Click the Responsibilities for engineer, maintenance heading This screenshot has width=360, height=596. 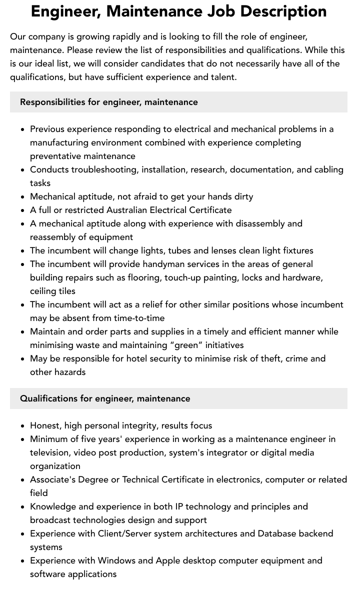(109, 102)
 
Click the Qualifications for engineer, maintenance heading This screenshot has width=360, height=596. (105, 398)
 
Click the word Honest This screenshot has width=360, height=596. (46, 425)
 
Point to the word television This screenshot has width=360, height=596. (52, 452)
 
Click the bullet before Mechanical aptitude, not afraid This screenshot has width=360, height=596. (23, 197)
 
